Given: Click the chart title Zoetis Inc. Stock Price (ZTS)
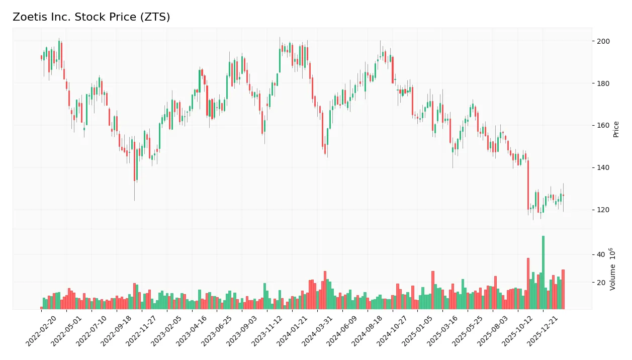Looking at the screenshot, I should (x=91, y=17).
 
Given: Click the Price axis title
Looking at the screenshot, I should (x=616, y=129).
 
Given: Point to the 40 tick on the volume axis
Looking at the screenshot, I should (x=600, y=255).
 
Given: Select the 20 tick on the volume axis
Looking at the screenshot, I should (x=600, y=283).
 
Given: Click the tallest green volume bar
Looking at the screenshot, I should (x=543, y=272).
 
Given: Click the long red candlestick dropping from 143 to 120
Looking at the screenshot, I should (x=528, y=185).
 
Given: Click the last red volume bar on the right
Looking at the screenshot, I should (x=563, y=289).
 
